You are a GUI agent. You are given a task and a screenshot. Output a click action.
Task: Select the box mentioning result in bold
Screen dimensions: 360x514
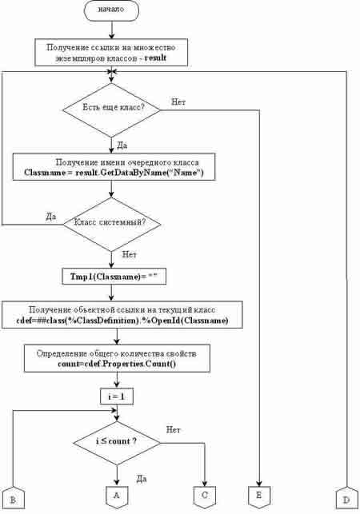111,52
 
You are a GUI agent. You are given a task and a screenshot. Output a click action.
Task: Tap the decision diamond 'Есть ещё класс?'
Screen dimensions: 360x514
111,110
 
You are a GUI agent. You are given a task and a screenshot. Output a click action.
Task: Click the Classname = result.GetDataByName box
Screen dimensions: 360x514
114,167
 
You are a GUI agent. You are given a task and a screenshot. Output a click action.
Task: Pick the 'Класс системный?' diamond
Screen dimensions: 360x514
111,224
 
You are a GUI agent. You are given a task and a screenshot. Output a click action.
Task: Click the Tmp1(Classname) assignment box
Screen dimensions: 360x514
114,277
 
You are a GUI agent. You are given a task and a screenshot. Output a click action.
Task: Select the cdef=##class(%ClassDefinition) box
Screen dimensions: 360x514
122,315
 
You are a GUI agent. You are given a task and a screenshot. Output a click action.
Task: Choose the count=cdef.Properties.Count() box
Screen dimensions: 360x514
117,358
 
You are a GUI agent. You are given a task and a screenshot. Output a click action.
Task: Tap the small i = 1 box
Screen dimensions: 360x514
117,396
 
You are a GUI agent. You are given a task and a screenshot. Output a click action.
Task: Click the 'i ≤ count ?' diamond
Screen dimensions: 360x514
117,443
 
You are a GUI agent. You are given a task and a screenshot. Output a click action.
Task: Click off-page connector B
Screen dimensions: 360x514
13,498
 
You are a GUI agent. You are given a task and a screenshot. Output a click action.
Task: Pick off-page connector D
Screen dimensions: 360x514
346,498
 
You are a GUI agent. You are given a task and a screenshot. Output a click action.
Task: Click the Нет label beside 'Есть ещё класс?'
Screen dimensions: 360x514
178,102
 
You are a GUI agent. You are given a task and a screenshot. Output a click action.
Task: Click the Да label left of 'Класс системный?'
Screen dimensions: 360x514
51,217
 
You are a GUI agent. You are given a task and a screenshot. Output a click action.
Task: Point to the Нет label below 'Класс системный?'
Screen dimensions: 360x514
129,254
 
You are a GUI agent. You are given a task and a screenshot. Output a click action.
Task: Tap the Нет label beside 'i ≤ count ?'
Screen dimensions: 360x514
173,429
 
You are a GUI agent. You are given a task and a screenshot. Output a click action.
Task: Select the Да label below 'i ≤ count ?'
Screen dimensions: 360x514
142,479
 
